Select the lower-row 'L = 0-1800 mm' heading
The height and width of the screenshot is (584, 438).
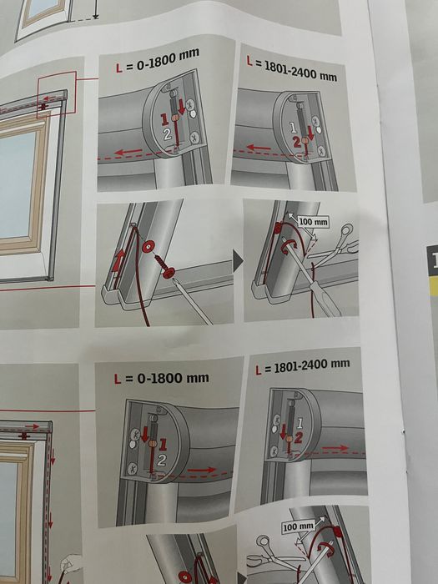pyautogui.click(x=161, y=377)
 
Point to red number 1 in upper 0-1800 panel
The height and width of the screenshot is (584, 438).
pyautogui.click(x=166, y=122)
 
